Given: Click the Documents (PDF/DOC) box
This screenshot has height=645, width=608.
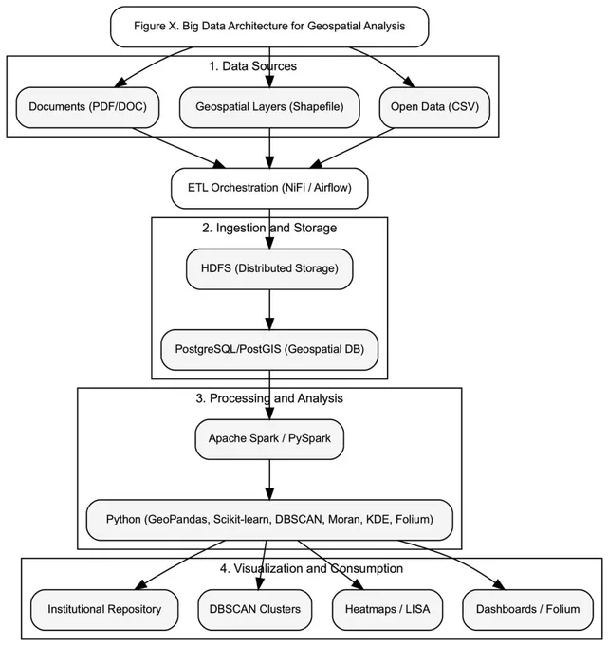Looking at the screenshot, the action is [x=87, y=107].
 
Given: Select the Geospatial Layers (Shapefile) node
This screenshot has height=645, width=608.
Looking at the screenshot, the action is [x=269, y=107].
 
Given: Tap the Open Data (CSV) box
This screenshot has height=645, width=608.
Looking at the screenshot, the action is [x=434, y=107].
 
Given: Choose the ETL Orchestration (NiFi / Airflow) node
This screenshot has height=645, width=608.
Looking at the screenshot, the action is [x=269, y=188].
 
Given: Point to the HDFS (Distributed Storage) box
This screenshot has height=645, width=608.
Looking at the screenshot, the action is [x=269, y=269].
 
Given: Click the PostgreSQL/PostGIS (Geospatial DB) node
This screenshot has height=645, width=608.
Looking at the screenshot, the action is [x=269, y=350].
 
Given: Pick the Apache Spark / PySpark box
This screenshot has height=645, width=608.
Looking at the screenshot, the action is [x=269, y=439].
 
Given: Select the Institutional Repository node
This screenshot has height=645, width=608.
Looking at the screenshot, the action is [x=104, y=610].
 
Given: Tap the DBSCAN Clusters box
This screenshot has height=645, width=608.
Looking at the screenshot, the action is [x=255, y=610].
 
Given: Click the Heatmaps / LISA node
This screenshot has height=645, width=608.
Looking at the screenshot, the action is [x=388, y=610].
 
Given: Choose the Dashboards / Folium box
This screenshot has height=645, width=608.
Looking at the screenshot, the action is [x=527, y=610].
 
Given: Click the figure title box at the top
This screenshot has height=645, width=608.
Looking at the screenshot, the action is [x=269, y=27].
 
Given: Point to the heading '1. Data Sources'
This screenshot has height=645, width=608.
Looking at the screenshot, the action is [x=252, y=66].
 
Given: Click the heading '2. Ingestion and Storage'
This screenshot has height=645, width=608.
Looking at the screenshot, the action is [x=269, y=228].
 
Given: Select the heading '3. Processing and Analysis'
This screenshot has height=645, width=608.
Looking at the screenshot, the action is [x=269, y=398].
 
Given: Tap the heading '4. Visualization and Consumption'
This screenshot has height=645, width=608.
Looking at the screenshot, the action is [x=311, y=568].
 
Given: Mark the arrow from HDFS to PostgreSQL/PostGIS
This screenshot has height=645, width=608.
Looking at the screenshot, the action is [x=269, y=310].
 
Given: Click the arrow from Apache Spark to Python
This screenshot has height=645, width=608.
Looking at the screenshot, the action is [x=269, y=480].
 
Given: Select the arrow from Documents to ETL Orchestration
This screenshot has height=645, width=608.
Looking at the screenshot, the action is [x=179, y=148].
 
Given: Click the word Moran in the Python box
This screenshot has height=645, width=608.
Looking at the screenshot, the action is [x=344, y=520].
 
